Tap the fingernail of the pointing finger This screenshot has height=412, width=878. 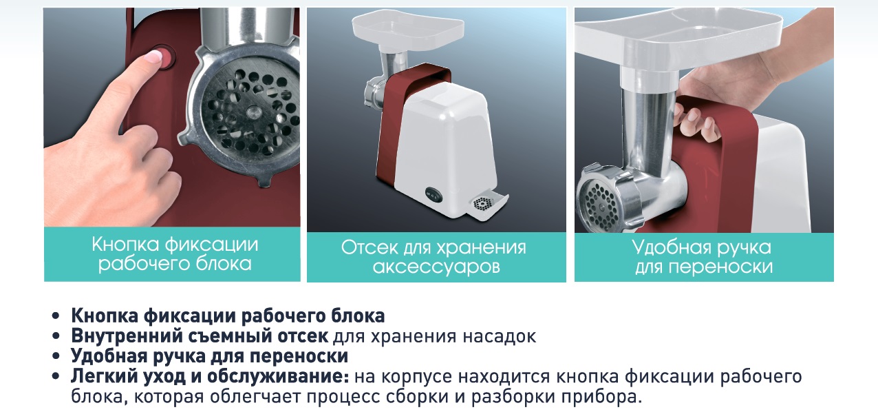point(153,56)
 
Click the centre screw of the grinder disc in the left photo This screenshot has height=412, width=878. point(253,112)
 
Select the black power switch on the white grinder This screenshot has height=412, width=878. point(433,192)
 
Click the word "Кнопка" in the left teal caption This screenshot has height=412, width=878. point(126,245)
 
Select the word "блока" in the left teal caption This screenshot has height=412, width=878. point(224,264)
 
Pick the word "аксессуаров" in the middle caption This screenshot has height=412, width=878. point(436,267)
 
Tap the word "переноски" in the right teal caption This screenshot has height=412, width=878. point(721,267)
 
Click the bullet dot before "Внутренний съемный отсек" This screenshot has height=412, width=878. point(56,336)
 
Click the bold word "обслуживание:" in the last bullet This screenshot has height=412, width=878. point(278,377)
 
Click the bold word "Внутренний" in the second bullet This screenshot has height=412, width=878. point(126,336)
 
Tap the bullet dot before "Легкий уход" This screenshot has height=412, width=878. point(56,376)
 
